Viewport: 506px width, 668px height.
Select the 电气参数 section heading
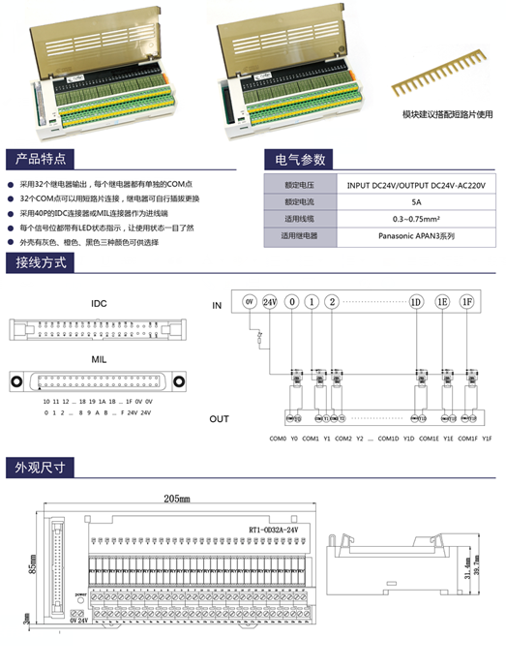(300, 159)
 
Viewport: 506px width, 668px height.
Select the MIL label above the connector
(99, 358)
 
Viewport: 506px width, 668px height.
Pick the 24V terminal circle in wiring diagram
(269, 302)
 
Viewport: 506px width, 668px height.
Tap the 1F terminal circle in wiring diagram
(467, 302)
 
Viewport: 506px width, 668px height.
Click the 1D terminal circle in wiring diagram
(416, 302)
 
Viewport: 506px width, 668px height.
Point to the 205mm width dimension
(177, 500)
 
